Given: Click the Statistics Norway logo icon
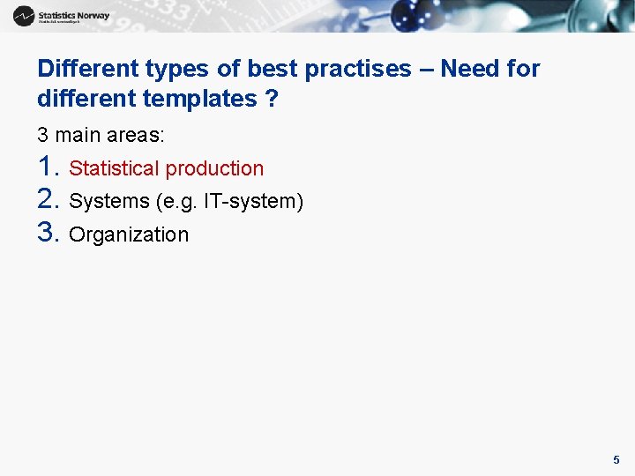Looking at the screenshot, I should (24, 15).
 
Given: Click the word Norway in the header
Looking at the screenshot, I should (93, 15).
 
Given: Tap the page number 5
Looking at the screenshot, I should (616, 459).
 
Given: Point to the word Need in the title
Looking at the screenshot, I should (467, 69).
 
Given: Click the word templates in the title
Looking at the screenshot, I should (195, 99).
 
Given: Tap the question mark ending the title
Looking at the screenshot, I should (272, 99).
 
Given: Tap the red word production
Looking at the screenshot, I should (215, 168).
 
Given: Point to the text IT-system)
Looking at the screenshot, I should (254, 202).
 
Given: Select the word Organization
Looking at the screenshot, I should (129, 234).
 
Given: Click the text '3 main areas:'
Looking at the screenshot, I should (101, 136).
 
